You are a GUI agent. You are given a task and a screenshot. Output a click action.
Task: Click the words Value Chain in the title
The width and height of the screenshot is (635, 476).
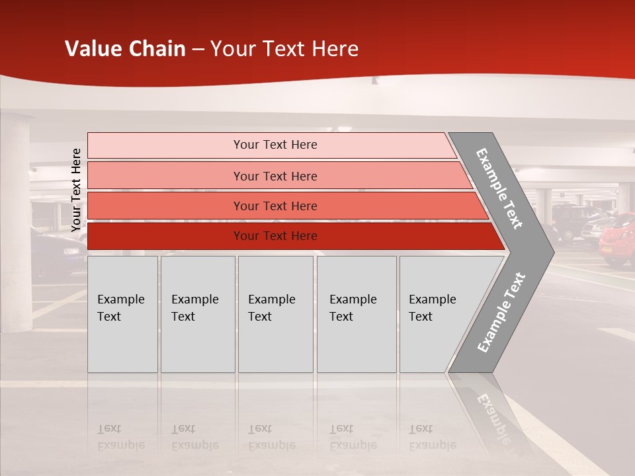pyautogui.click(x=125, y=49)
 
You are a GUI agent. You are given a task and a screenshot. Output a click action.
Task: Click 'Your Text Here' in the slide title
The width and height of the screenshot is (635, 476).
pyautogui.click(x=284, y=49)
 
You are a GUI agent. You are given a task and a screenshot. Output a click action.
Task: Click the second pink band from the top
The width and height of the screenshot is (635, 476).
pyautogui.click(x=275, y=176)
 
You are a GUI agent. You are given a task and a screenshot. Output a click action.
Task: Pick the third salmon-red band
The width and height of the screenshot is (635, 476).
pyautogui.click(x=275, y=206)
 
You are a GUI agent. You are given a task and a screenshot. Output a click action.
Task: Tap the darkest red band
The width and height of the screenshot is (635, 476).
pyautogui.click(x=275, y=236)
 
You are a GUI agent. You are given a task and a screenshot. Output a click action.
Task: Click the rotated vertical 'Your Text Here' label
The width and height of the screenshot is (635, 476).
pyautogui.click(x=76, y=190)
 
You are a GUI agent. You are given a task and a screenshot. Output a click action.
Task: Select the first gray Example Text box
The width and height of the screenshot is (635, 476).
pyautogui.click(x=122, y=313)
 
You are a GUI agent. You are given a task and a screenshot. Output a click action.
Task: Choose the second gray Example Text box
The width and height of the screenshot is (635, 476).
pyautogui.click(x=197, y=313)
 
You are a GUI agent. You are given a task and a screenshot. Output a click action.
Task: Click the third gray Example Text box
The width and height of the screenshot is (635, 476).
pyautogui.click(x=275, y=313)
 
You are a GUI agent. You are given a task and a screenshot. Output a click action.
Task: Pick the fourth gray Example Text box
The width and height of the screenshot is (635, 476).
pyautogui.click(x=357, y=313)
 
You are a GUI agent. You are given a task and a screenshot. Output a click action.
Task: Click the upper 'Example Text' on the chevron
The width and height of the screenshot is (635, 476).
pyautogui.click(x=499, y=188)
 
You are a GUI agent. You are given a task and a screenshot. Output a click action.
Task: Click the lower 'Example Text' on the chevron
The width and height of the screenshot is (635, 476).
pyautogui.click(x=501, y=312)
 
